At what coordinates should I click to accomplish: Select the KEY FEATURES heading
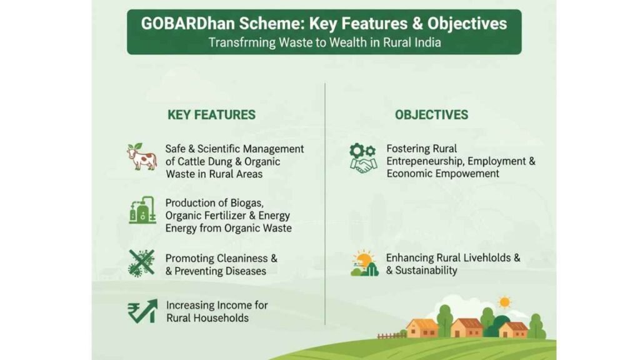click(211, 115)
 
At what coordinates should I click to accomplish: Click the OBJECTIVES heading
click(431, 115)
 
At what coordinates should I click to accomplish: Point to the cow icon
click(142, 156)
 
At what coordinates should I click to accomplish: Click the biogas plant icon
click(142, 210)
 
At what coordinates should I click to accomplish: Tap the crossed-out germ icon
click(141, 264)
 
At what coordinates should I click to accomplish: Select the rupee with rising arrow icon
click(142, 311)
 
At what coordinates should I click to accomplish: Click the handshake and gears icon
click(363, 158)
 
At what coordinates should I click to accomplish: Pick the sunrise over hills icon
click(364, 263)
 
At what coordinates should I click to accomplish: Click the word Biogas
click(246, 203)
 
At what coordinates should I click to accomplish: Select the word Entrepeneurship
click(425, 162)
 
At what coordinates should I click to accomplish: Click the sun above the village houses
click(504, 302)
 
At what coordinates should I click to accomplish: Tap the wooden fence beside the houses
click(391, 336)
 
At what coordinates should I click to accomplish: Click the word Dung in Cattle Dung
click(219, 162)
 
